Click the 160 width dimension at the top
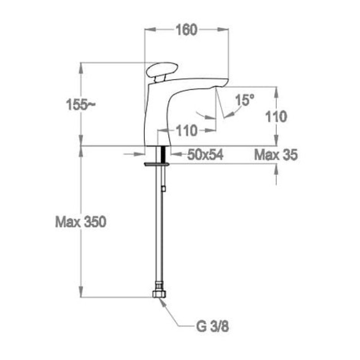click(x=186, y=30)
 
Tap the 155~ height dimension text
click(x=81, y=105)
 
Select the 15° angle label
click(x=245, y=100)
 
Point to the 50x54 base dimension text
click(x=205, y=154)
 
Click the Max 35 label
click(x=276, y=154)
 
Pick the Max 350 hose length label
click(x=81, y=222)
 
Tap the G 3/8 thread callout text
click(x=212, y=327)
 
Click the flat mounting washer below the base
click(x=157, y=164)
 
